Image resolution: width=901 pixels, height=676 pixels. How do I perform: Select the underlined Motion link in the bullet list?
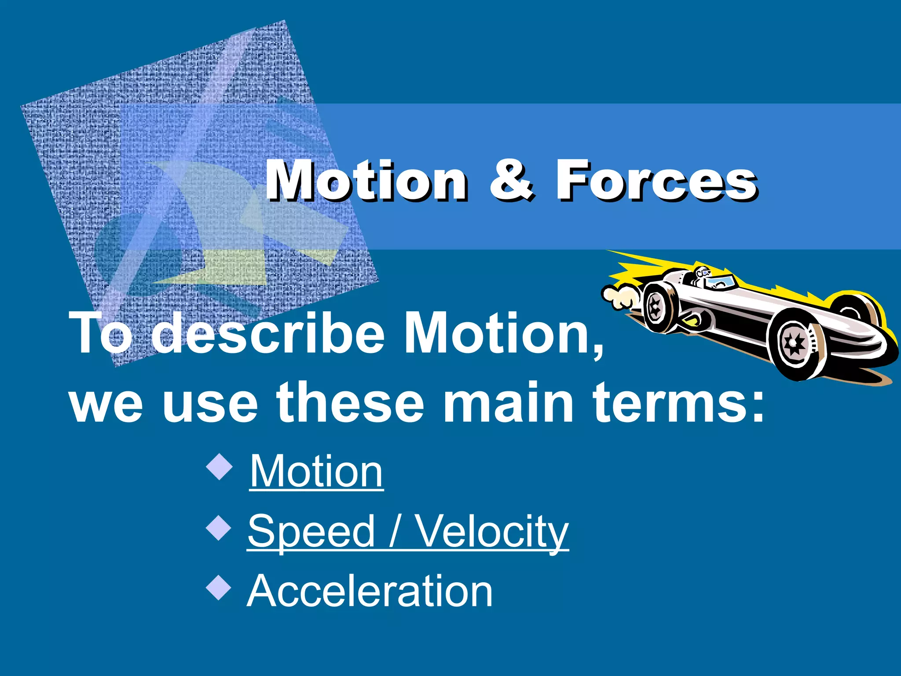point(316,472)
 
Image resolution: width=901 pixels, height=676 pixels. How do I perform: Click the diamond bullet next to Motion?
point(219,468)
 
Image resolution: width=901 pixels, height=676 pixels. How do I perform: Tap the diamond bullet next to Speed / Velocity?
point(219,528)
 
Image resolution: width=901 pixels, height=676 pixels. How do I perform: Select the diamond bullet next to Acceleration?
point(219,588)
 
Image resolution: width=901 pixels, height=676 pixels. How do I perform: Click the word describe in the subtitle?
point(268,332)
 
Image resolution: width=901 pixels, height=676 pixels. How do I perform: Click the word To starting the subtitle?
point(103,332)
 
